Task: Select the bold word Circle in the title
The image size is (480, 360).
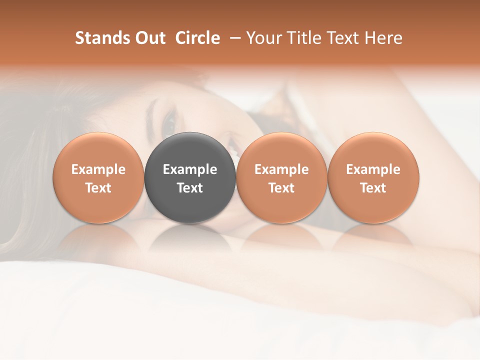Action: pos(197,38)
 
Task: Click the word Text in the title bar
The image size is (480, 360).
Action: pos(341,38)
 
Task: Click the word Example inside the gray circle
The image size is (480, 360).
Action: pos(190,169)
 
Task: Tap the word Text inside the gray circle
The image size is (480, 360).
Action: pos(190,188)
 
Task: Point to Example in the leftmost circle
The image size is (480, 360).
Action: pos(98,169)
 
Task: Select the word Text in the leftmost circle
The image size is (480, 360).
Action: pos(98,188)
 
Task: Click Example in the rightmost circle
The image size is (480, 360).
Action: pos(373,169)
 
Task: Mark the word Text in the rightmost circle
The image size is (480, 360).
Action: pos(373,188)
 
